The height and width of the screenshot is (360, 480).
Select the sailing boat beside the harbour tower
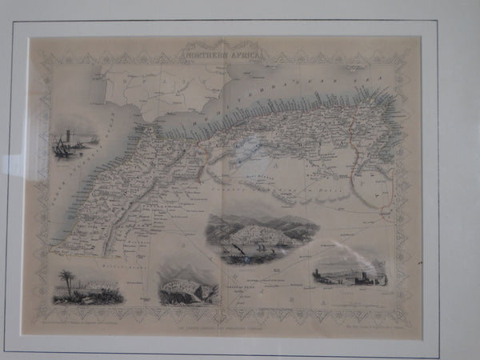61,147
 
